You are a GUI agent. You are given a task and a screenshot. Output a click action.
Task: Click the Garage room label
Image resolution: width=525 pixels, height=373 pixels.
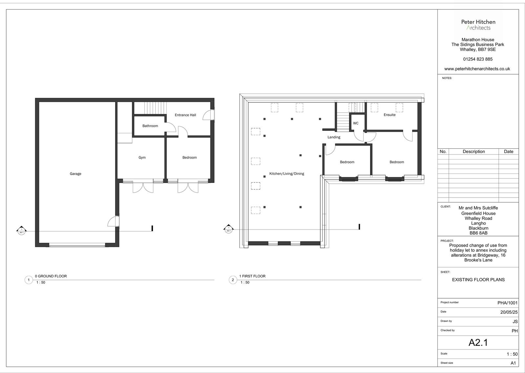coord(75,174)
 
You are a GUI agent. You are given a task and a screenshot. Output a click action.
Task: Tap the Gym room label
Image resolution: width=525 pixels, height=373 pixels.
coord(142,158)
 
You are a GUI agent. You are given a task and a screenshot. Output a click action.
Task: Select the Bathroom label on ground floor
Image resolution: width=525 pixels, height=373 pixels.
coord(150,126)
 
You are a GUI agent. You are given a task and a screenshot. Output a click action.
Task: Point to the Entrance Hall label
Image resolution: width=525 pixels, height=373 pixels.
coord(185,115)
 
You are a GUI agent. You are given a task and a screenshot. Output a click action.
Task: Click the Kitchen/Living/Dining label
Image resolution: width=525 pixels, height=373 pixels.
coord(287,174)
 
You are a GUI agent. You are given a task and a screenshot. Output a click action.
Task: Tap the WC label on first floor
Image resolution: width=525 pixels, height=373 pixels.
coord(356,123)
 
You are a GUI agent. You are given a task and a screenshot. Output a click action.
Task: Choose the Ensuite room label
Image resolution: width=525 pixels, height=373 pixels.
coord(389,115)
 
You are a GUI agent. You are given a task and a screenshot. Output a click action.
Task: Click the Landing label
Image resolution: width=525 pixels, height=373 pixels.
coord(334,137)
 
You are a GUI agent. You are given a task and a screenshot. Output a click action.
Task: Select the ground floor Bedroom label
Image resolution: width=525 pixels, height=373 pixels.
coord(190,158)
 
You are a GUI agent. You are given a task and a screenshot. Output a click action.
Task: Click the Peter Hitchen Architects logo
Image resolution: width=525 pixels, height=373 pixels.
coord(478,25)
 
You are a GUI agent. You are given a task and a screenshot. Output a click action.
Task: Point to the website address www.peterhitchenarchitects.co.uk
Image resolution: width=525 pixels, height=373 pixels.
coord(477,69)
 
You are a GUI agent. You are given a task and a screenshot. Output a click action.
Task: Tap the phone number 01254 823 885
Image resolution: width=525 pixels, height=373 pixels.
coord(478,59)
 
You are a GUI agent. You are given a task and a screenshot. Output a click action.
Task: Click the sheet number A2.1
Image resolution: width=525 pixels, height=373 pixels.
coord(478,343)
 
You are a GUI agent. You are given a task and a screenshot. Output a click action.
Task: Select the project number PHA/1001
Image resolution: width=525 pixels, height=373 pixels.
coord(507,303)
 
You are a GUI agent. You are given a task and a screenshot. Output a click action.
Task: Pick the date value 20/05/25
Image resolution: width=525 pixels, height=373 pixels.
coord(509,312)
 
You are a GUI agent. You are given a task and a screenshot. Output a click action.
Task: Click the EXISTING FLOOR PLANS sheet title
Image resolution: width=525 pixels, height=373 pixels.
coord(478,280)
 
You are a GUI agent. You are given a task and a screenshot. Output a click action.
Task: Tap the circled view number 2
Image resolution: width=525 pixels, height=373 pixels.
coord(233,280)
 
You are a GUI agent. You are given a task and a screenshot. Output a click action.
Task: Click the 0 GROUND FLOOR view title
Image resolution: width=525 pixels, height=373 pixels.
coord(51,276)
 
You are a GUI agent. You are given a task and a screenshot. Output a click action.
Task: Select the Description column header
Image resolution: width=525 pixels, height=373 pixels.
coord(473,152)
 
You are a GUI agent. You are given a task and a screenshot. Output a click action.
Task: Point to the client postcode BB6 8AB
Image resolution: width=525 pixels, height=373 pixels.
coord(478,233)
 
